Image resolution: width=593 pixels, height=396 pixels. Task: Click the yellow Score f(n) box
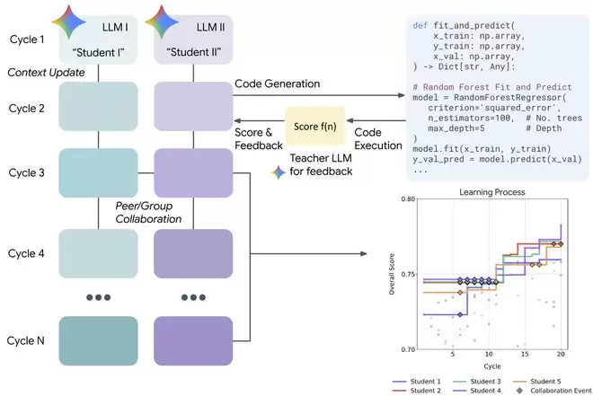(315, 127)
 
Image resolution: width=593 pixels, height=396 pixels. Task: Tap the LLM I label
(115, 27)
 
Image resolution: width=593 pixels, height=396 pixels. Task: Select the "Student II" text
(194, 52)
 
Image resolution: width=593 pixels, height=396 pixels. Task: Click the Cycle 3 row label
(26, 172)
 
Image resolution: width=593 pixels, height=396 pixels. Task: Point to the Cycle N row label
(26, 340)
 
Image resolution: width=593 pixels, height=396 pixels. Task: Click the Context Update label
(46, 73)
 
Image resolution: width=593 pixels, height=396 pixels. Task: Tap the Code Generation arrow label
(278, 84)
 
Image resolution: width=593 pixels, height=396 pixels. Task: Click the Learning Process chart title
(492, 192)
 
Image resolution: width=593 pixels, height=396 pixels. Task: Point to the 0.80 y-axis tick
(408, 198)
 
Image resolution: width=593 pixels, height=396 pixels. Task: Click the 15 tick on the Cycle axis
(525, 354)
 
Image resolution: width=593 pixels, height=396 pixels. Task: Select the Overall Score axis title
(392, 274)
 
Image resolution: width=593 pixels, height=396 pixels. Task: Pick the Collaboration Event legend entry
(553, 391)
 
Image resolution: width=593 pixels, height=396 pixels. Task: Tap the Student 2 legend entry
(417, 391)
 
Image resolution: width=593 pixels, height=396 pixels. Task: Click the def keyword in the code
(420, 25)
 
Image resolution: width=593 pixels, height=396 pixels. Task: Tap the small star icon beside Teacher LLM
(279, 172)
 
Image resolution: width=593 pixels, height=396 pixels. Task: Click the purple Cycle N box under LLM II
(193, 341)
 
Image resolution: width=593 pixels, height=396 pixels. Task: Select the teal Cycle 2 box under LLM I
(98, 106)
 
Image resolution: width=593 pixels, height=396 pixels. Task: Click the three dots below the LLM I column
(98, 297)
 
